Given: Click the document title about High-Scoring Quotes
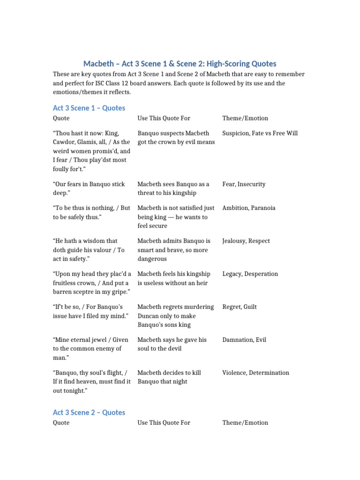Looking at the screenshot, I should (180, 63).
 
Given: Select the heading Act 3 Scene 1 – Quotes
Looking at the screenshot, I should (89, 108).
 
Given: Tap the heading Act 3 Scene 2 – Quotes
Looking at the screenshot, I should (89, 412).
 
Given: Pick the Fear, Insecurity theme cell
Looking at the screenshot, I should (244, 184).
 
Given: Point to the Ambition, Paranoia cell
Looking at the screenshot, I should (249, 208).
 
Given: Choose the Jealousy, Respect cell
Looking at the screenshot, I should (246, 241).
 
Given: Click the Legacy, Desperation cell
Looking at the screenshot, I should (250, 274).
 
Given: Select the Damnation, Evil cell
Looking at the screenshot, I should (244, 339).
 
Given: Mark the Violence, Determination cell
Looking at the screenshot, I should (255, 373).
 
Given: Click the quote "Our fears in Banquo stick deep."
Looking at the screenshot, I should (89, 188).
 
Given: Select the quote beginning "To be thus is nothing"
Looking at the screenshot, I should (91, 212).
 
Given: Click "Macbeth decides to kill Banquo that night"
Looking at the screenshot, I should (169, 377).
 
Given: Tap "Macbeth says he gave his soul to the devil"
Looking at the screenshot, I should (172, 344).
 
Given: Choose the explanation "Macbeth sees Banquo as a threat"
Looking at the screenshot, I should (173, 188).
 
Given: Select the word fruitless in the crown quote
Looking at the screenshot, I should (67, 283).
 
